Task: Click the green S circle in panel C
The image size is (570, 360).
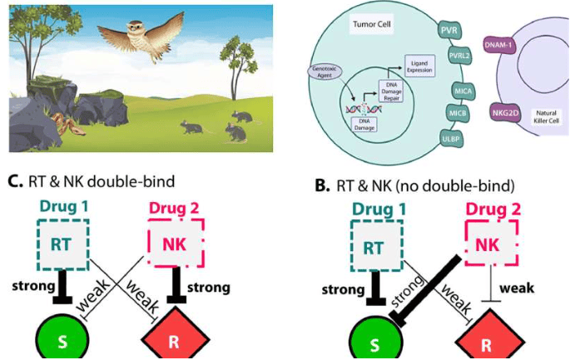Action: [x=62, y=342]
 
